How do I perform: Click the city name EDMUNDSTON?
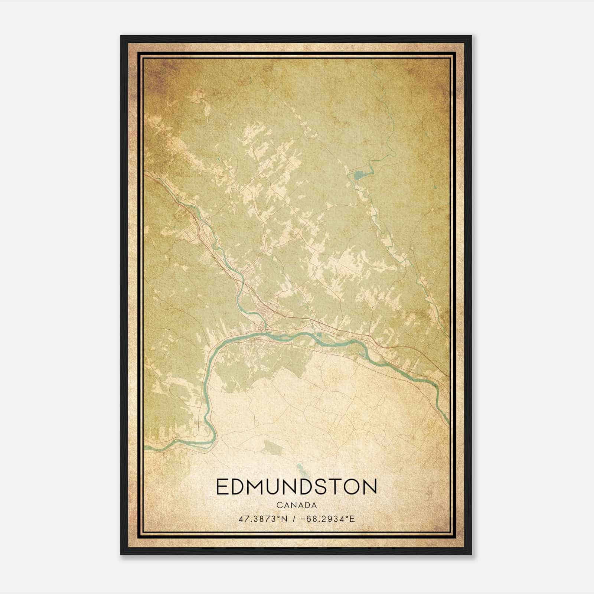coord(296,486)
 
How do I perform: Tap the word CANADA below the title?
coord(296,505)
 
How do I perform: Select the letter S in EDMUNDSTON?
coord(327,486)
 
